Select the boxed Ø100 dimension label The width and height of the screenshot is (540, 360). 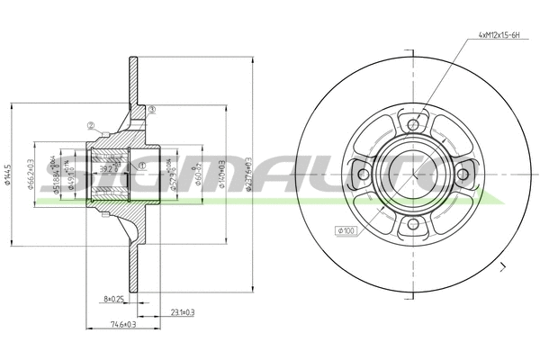pyautogui.click(x=346, y=231)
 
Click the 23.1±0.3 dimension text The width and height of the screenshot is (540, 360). pyautogui.click(x=182, y=311)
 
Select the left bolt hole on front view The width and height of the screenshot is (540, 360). pyautogui.click(x=361, y=171)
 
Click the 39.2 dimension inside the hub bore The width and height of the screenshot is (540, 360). pyautogui.click(x=106, y=167)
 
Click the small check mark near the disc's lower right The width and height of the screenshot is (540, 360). pyautogui.click(x=504, y=266)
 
